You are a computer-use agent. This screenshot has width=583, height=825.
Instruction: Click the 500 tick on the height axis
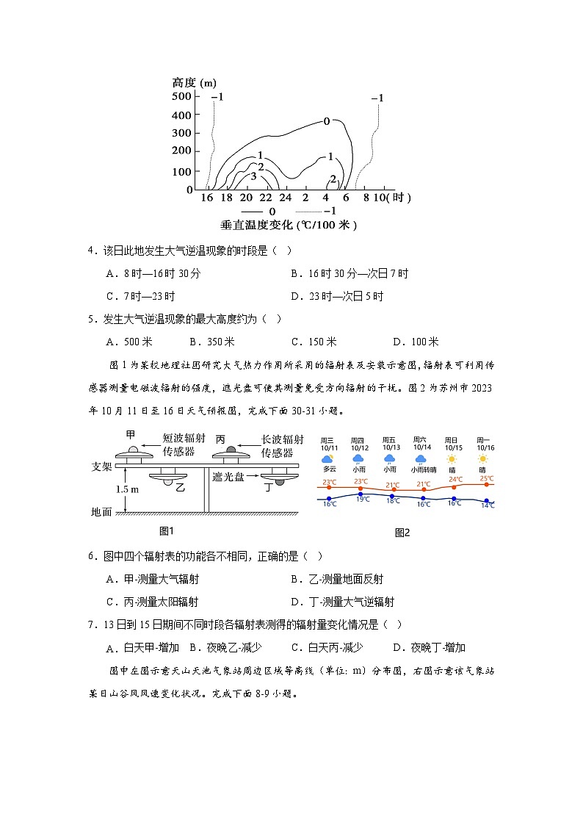point(181,97)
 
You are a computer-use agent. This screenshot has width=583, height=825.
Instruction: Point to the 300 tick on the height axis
point(181,133)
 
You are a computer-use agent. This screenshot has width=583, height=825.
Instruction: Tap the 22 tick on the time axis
point(265,198)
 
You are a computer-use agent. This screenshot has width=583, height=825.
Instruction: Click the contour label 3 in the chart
point(253,176)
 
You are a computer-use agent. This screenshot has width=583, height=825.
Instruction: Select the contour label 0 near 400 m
point(327,121)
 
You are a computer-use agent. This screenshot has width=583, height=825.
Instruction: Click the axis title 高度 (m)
point(194,82)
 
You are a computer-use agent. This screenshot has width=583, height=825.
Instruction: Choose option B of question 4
point(349,273)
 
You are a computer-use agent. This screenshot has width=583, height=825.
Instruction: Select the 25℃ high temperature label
point(486,478)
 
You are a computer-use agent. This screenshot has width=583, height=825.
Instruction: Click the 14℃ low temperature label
point(488,505)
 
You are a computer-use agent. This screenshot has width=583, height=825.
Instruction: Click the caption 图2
point(402,533)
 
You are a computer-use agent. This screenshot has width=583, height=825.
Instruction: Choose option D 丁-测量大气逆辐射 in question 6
point(342,602)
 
